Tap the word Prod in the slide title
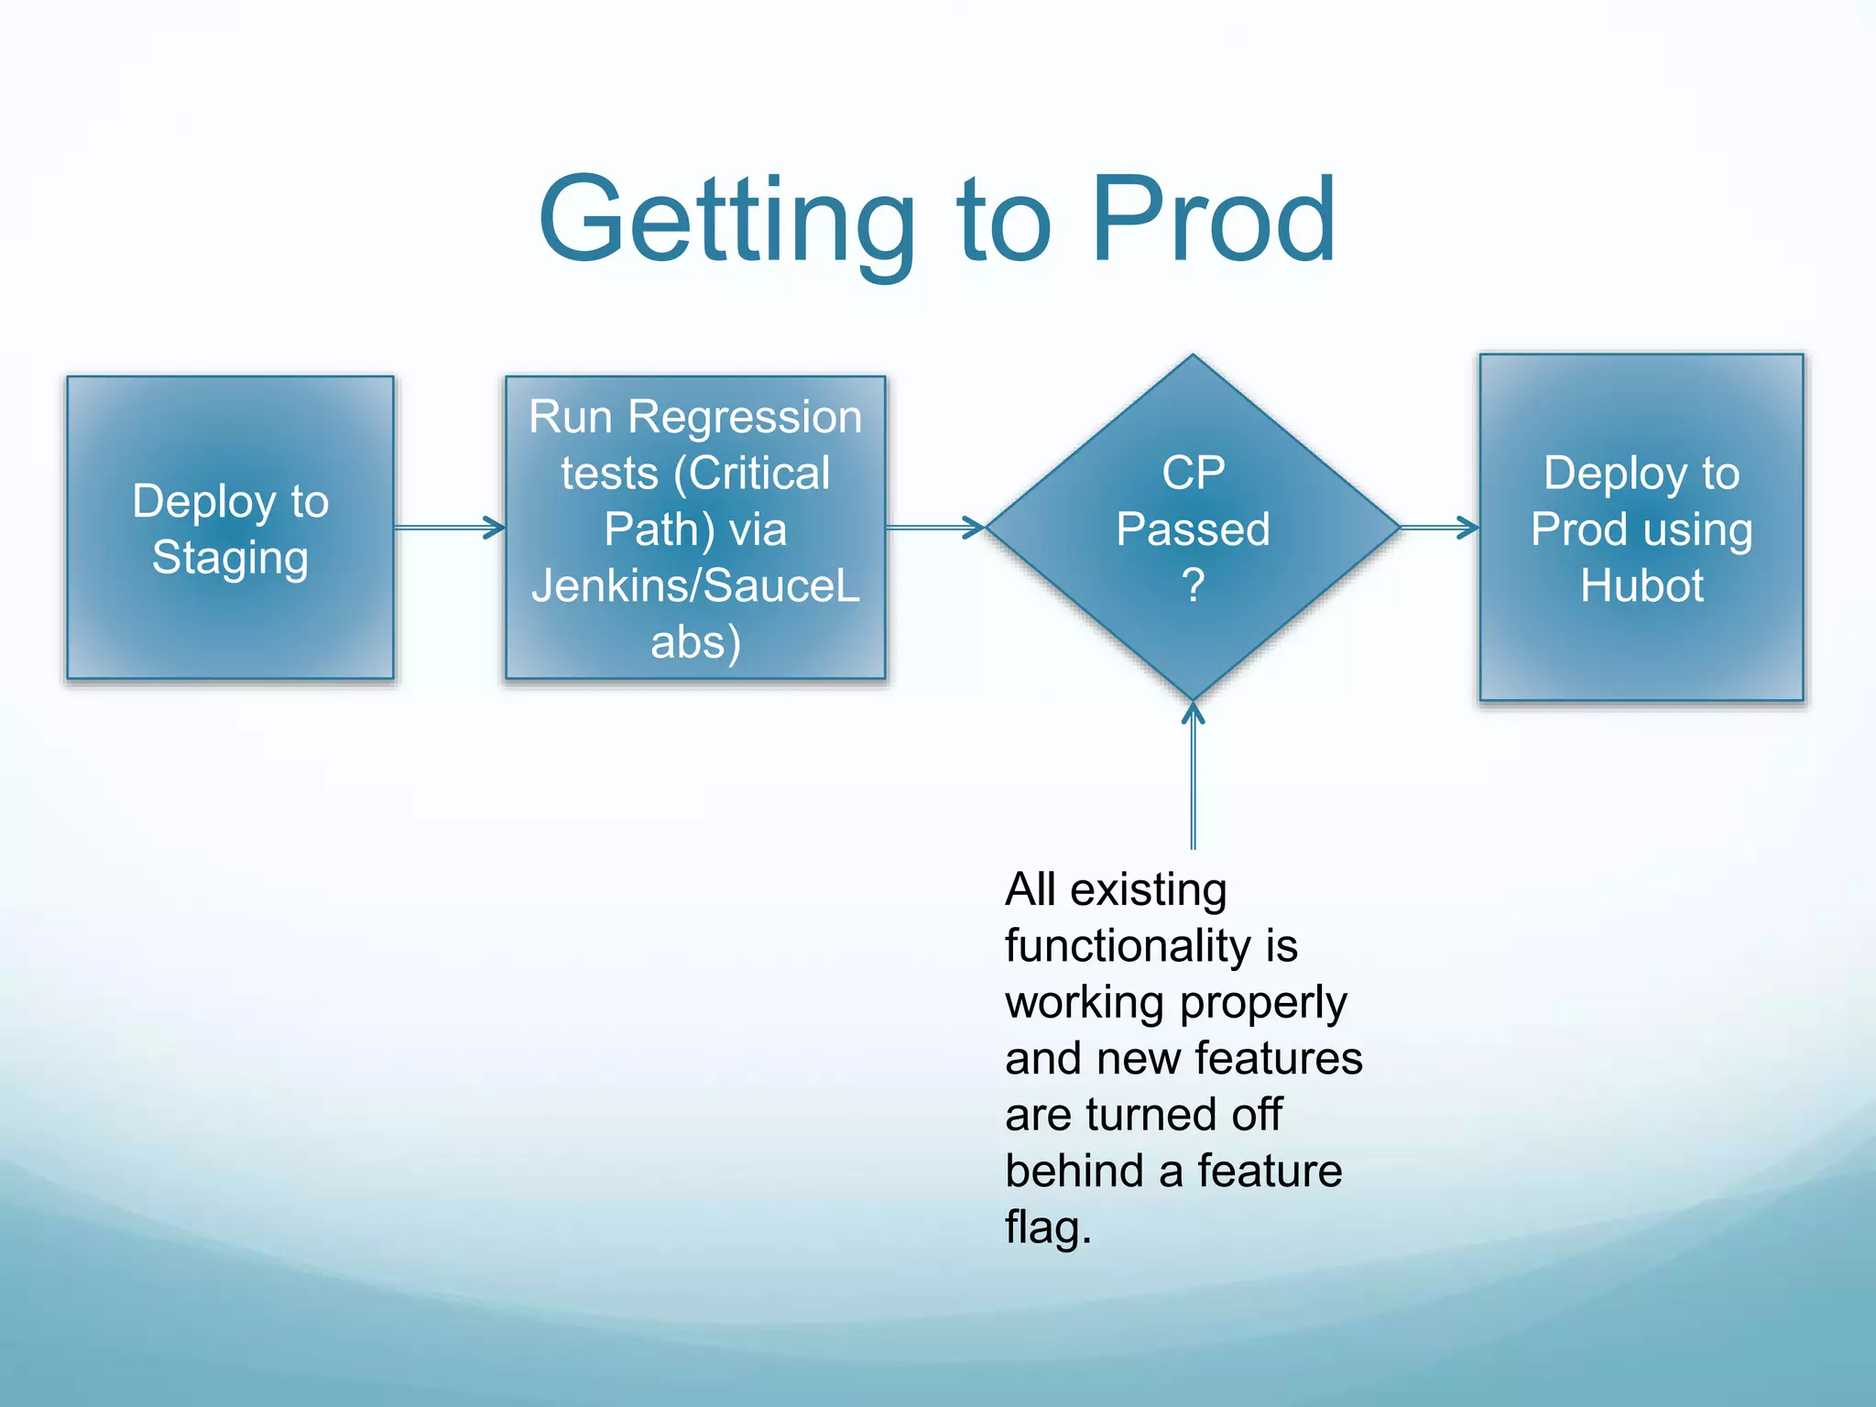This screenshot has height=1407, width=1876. (1214, 221)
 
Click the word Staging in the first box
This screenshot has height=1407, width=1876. (230, 558)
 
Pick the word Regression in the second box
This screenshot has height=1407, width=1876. (745, 418)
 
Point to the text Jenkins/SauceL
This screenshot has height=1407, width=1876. (695, 586)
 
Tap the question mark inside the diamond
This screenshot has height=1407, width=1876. (1193, 585)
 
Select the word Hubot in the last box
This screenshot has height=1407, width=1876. (1641, 586)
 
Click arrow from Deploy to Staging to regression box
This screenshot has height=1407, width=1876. (449, 528)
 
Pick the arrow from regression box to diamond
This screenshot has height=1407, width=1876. (934, 528)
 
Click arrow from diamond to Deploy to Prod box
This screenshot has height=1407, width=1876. (1439, 528)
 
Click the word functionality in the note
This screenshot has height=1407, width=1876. (1128, 946)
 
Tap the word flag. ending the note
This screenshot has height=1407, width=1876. (1048, 1227)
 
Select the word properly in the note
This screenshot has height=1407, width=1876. (1263, 1003)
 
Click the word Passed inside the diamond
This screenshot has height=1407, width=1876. (1193, 529)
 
